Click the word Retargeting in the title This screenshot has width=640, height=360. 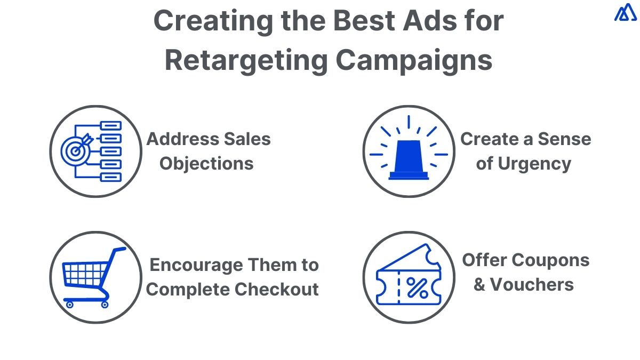coord(246,60)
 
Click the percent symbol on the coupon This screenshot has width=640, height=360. coord(417,289)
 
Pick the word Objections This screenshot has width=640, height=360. coord(207,164)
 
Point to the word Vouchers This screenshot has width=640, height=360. coord(532,285)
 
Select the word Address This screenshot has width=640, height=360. coord(177,139)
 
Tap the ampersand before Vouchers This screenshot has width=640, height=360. coord(479,285)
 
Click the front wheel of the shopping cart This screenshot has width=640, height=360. coord(69,305)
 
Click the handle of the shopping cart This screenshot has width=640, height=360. coord(119,250)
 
